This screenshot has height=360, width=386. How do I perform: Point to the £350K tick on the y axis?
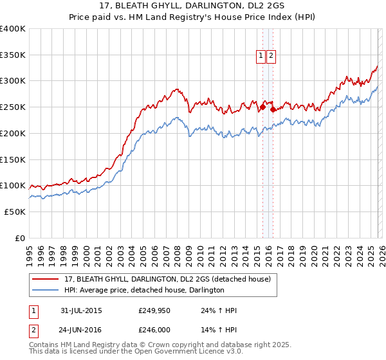coord(12,55)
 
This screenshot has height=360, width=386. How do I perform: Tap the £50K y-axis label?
coord(14,212)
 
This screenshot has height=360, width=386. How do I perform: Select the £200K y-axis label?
coord(12,133)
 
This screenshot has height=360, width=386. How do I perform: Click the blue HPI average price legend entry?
coord(143,291)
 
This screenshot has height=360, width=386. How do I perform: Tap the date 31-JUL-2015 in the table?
coord(81,310)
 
